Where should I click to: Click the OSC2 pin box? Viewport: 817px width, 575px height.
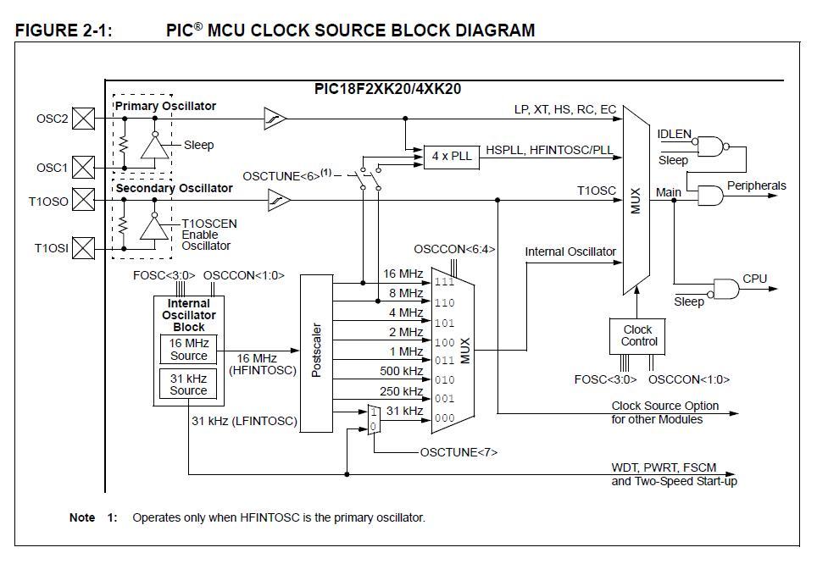(x=83, y=119)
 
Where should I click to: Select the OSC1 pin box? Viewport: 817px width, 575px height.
(x=83, y=167)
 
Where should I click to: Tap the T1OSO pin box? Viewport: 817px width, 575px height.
(x=83, y=201)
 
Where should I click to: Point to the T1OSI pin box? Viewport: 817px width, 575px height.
(x=83, y=248)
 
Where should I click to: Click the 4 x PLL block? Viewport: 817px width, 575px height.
(x=451, y=156)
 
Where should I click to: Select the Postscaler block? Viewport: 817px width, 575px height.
(x=318, y=353)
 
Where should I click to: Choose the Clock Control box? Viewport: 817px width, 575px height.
(x=637, y=336)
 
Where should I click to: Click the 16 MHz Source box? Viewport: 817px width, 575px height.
(x=188, y=349)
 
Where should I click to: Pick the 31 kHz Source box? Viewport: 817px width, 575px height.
(x=188, y=384)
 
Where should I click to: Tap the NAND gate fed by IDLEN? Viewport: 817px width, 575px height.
(x=710, y=147)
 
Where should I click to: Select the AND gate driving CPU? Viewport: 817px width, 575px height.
(x=726, y=289)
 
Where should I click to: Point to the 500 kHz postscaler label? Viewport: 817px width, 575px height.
(x=402, y=371)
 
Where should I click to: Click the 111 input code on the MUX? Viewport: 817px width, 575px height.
(x=444, y=282)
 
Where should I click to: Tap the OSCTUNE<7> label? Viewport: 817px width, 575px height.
(x=459, y=452)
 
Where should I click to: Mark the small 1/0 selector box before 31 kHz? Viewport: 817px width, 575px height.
(x=373, y=419)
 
